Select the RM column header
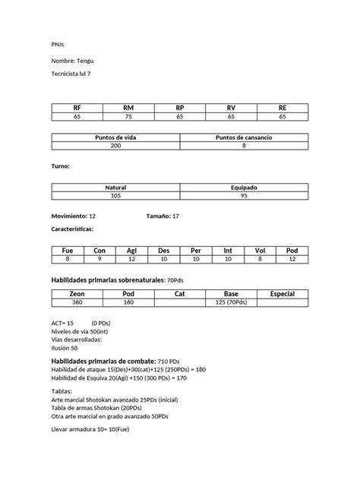(128, 109)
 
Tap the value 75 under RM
(128, 117)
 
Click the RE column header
(283, 109)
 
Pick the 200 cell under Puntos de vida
(115, 146)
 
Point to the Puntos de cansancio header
(244, 137)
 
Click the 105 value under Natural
(115, 195)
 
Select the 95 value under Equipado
(244, 195)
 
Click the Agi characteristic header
(131, 251)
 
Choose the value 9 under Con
(99, 259)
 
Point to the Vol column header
(260, 251)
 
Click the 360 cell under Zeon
(77, 302)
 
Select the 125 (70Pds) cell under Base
(231, 302)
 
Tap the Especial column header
(283, 293)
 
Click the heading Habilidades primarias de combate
(102, 360)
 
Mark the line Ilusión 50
(65, 347)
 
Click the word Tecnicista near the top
(67, 74)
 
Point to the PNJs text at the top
(58, 44)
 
